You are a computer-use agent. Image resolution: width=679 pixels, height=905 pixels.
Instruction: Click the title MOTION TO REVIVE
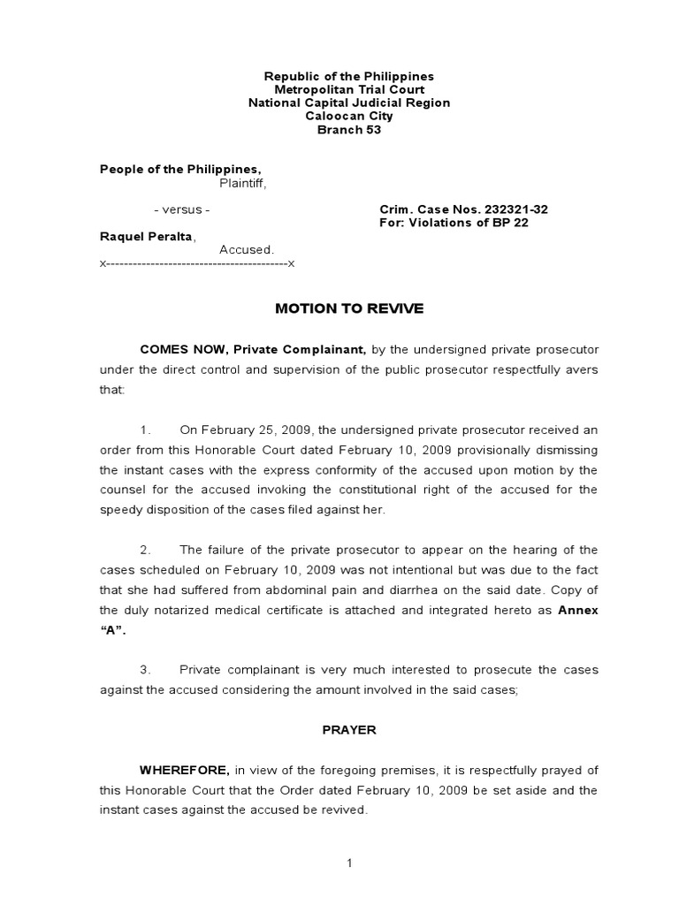(349, 308)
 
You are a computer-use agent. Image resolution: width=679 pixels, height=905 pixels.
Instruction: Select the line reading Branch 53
(349, 130)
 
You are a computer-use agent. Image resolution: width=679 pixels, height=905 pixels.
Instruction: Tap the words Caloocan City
(349, 117)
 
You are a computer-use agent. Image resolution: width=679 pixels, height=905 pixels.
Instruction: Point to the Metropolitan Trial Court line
(349, 90)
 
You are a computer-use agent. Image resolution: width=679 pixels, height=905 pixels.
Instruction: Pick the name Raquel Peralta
(147, 236)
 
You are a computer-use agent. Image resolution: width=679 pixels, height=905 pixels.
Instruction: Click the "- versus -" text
(181, 209)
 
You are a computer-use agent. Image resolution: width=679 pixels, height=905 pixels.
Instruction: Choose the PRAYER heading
(348, 730)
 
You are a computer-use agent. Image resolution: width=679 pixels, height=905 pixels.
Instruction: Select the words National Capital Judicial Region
(349, 103)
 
